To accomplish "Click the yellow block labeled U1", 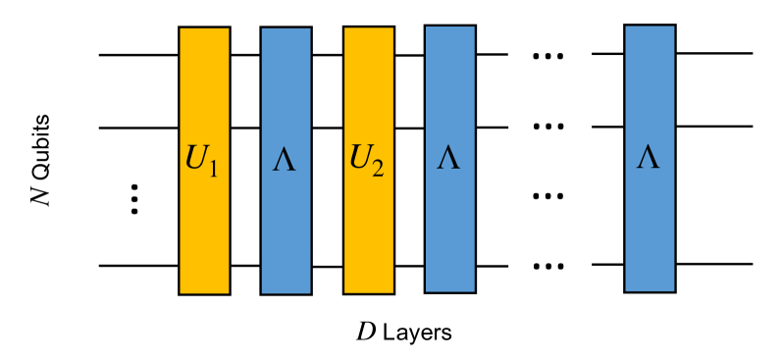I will [x=204, y=160].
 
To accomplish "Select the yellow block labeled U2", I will [x=368, y=160].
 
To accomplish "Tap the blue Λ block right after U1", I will [x=286, y=160].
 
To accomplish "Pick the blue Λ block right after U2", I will [x=449, y=160].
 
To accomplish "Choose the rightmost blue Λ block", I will [x=650, y=159].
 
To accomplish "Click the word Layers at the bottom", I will [x=419, y=334].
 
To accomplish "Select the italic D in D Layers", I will [x=365, y=334].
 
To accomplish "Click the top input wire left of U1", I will [x=137, y=55].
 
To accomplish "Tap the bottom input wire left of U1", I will [x=137, y=265].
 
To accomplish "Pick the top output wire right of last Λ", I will [x=714, y=54].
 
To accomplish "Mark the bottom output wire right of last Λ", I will [x=714, y=264].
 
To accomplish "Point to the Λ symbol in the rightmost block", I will [x=648, y=157].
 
